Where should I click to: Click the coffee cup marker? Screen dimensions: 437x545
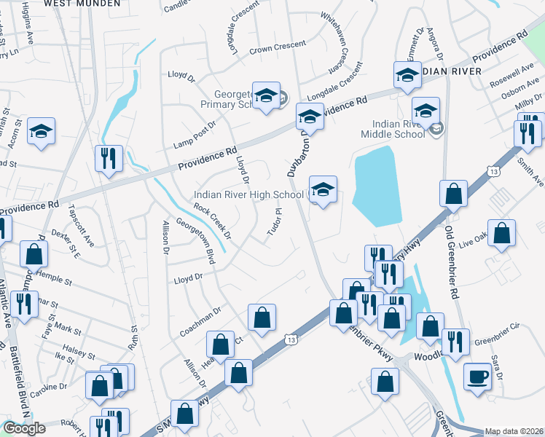pyautogui.click(x=478, y=377)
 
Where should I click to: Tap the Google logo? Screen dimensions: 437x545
pyautogui.click(x=24, y=428)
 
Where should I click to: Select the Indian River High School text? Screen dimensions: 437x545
pyautogui.click(x=248, y=194)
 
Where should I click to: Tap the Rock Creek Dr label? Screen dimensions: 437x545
pyautogui.click(x=212, y=221)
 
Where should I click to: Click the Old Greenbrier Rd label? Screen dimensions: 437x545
pyautogui.click(x=452, y=262)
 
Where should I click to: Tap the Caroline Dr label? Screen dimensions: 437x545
pyautogui.click(x=53, y=387)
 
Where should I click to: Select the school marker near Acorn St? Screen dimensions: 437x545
pyautogui.click(x=42, y=131)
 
